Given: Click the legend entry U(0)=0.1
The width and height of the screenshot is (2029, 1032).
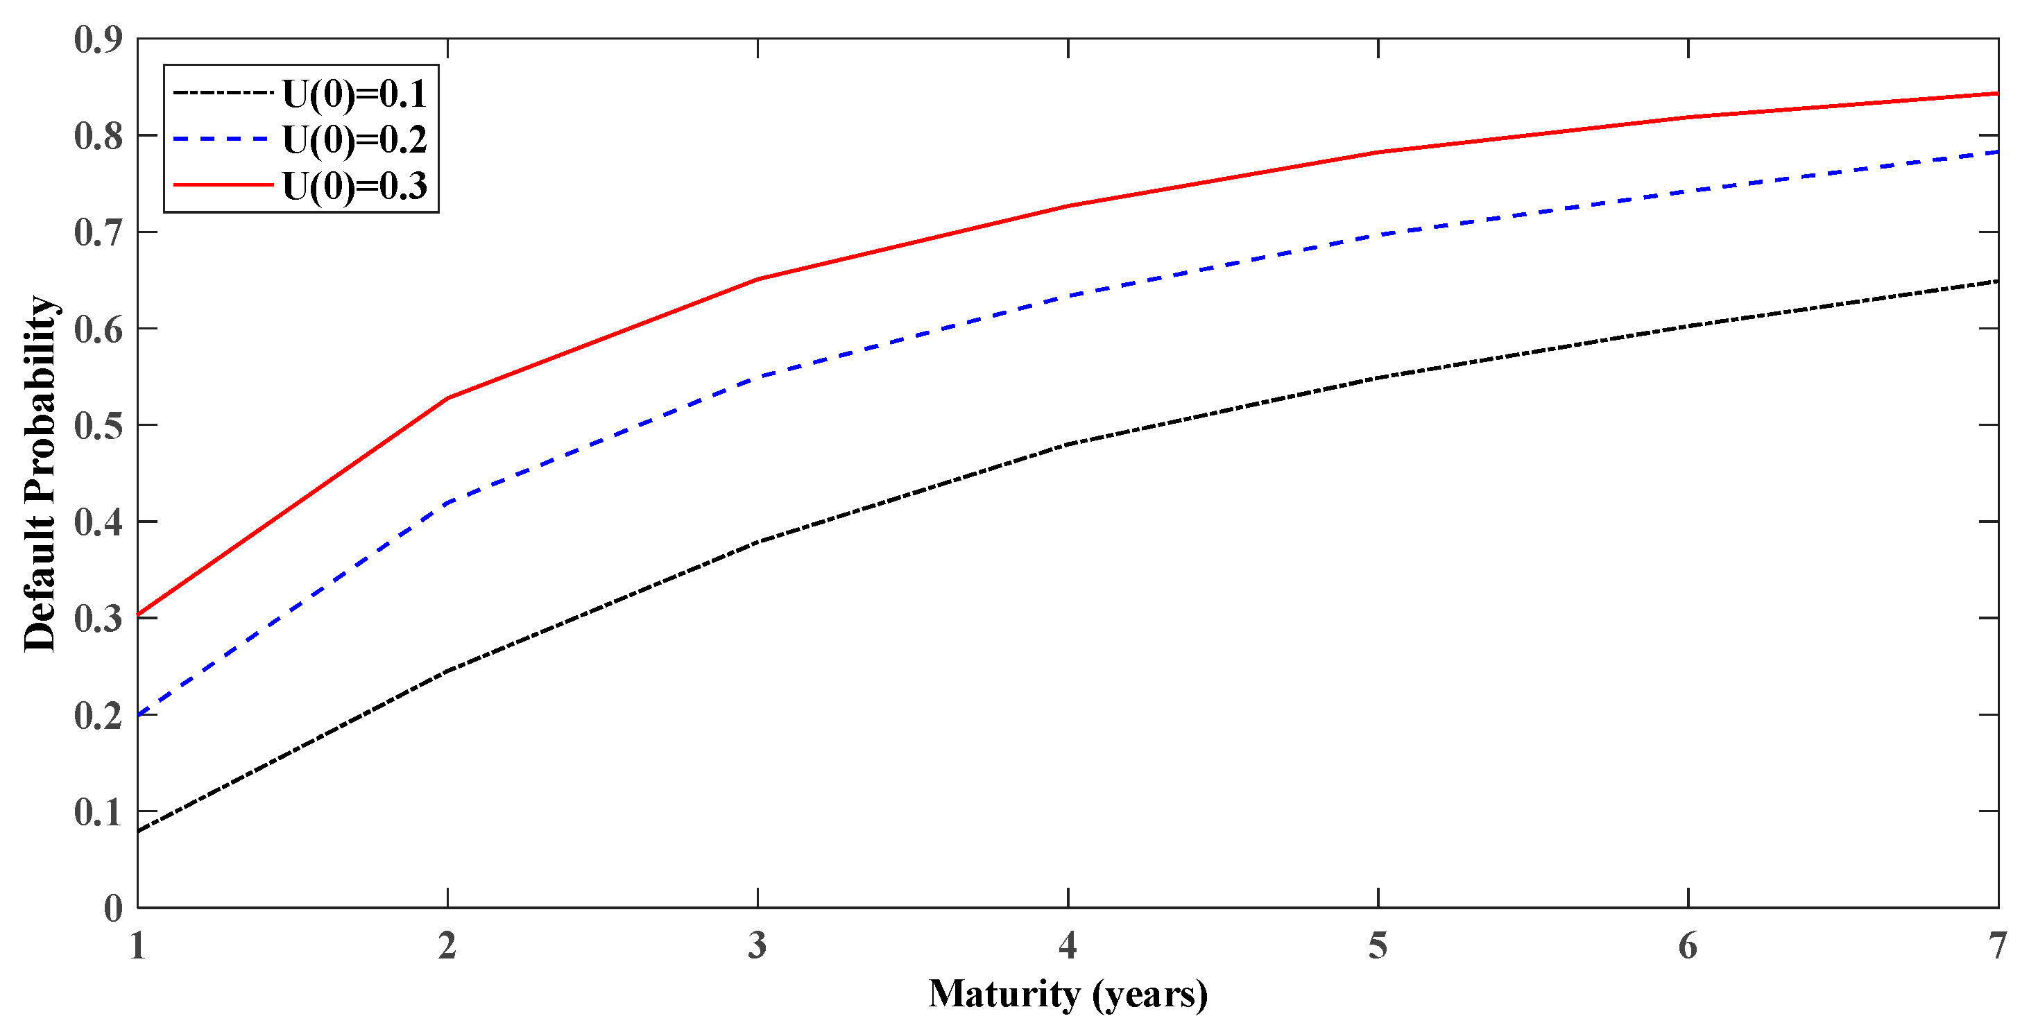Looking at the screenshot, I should click(354, 94).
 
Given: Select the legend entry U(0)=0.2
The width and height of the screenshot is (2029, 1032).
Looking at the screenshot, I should click(354, 139).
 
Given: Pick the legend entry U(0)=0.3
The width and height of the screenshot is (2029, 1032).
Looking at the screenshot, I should click(354, 186).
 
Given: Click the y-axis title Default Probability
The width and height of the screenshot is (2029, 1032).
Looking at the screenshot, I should click(40, 474).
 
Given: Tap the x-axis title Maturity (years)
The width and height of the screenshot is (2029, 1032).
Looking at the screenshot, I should click(1068, 994).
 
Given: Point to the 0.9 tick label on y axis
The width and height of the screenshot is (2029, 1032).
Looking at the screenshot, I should click(99, 40).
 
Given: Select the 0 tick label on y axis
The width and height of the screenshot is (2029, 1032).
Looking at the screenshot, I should click(114, 909).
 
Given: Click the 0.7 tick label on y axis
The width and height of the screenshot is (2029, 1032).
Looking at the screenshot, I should click(99, 232).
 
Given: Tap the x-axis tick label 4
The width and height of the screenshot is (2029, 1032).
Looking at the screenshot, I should click(1068, 945).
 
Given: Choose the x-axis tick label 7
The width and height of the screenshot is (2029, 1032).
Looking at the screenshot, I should click(1996, 945).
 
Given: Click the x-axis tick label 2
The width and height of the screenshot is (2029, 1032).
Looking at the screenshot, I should click(447, 945).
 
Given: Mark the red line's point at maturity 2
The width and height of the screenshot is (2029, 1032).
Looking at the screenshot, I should click(447, 398).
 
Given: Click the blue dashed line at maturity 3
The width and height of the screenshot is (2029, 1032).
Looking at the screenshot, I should click(757, 377).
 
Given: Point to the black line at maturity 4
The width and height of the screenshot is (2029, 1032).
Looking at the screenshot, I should click(1068, 445).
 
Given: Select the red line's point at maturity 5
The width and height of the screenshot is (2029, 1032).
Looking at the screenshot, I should click(1378, 152).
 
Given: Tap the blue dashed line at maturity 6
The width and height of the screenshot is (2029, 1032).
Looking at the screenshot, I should click(1688, 191).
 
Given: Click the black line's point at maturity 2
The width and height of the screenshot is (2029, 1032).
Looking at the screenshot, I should click(447, 671).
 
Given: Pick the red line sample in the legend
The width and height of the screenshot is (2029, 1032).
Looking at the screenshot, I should click(223, 186).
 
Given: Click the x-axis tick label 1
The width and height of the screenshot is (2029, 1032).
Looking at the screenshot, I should click(138, 945).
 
